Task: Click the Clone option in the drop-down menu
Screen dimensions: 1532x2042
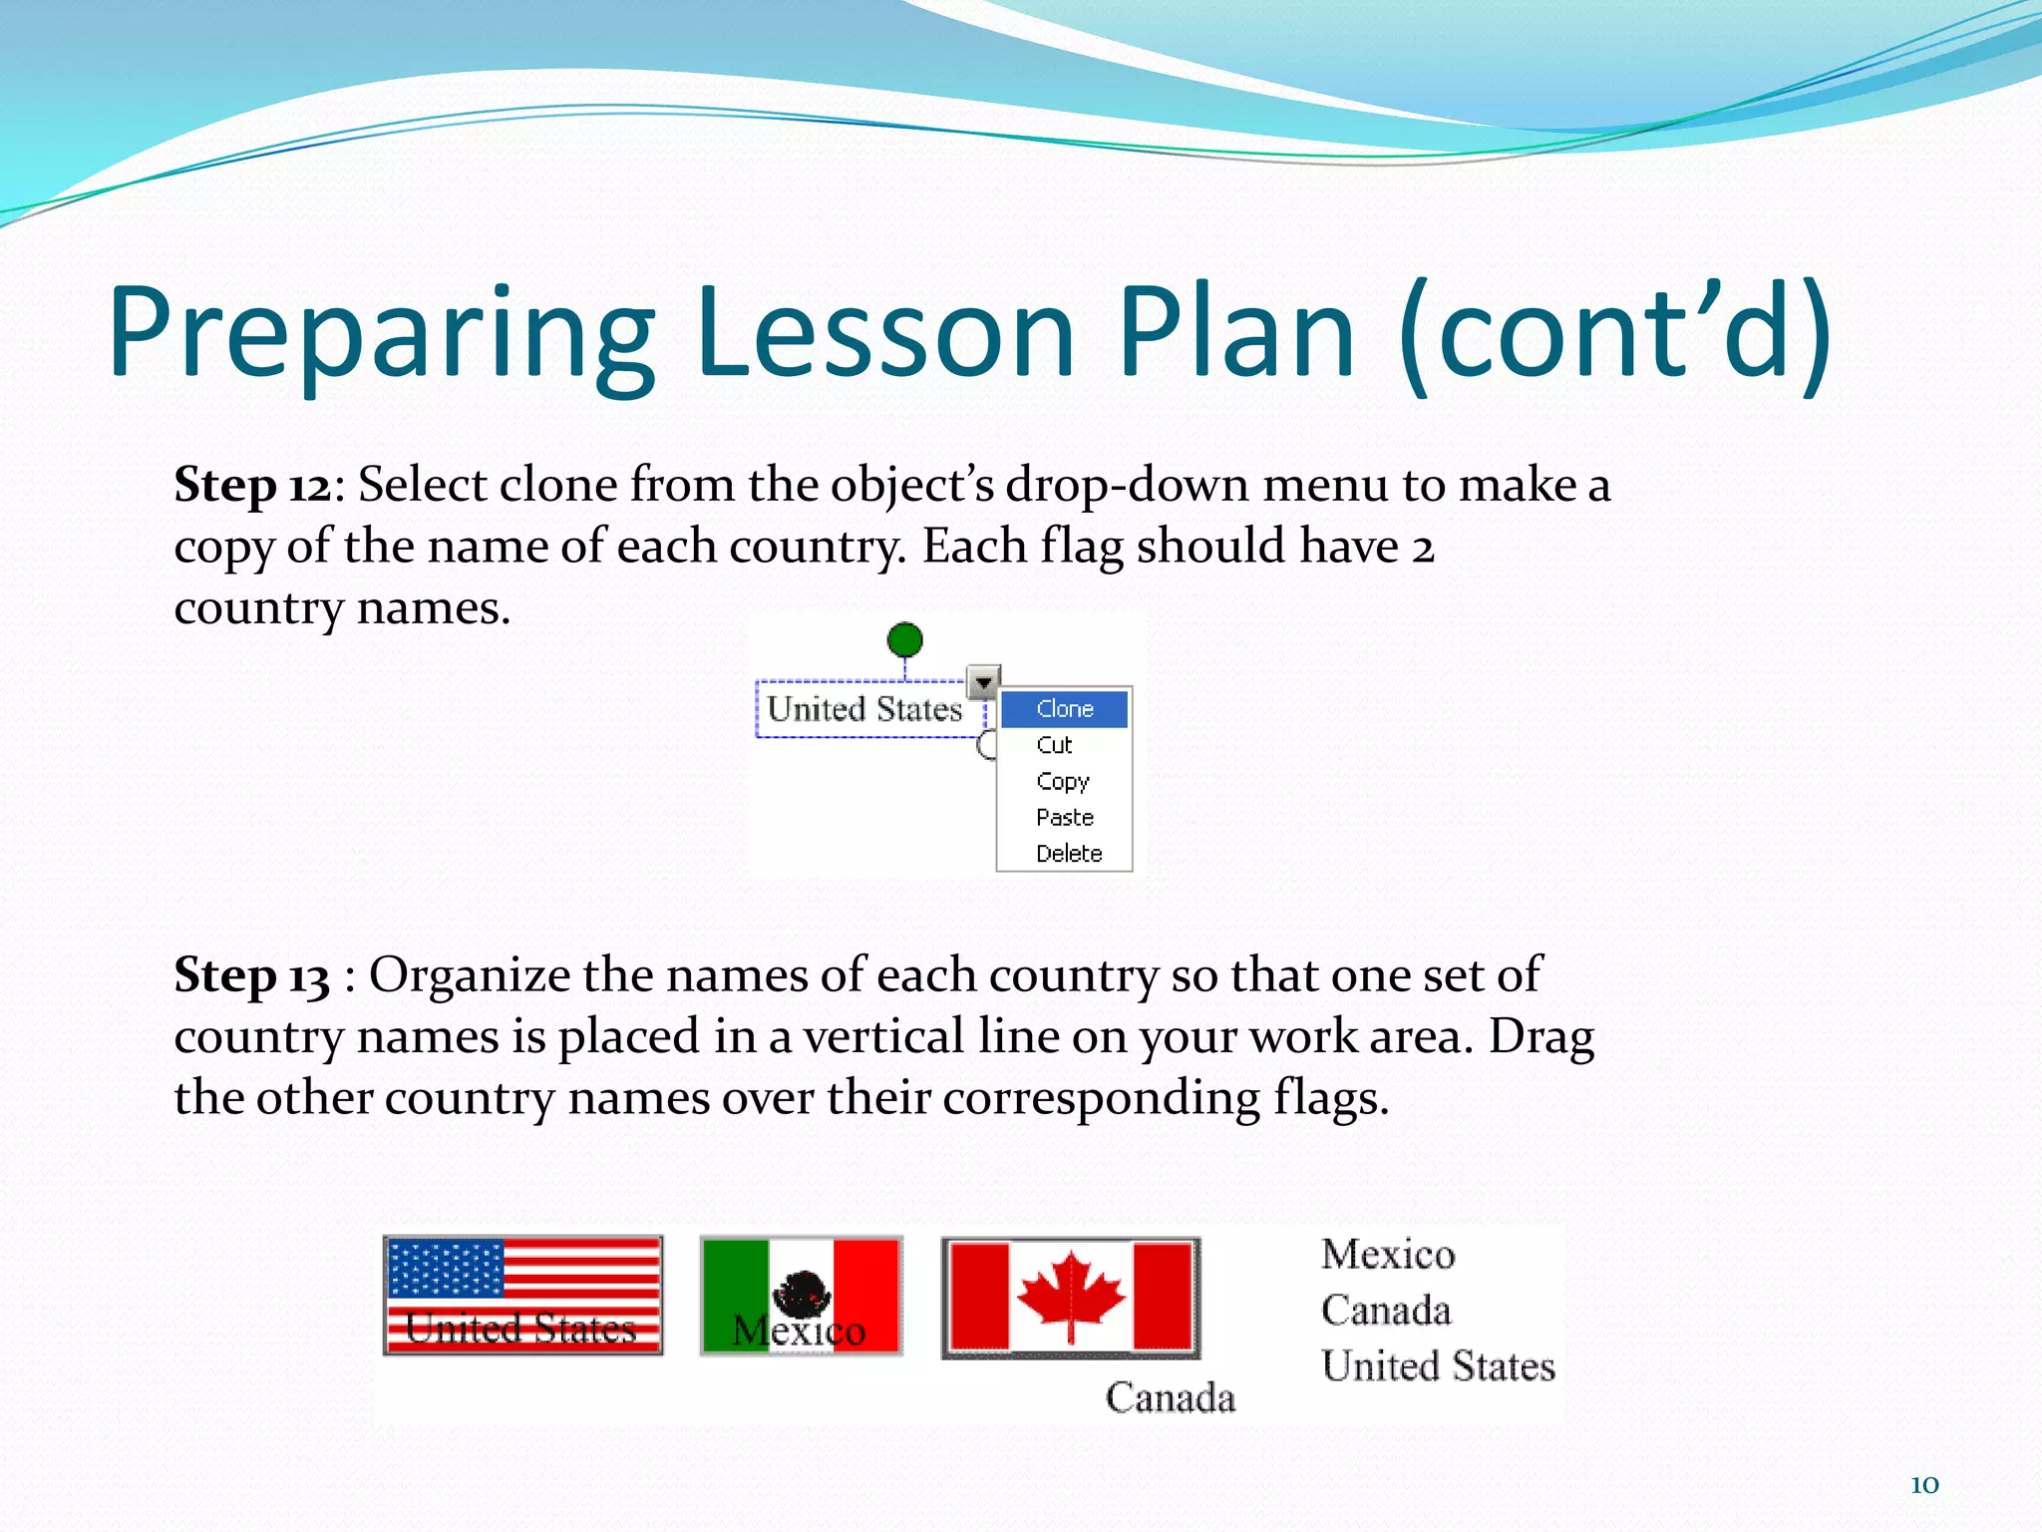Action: [1064, 709]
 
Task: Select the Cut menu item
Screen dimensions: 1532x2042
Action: [1054, 745]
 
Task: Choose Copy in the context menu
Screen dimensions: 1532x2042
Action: [1062, 781]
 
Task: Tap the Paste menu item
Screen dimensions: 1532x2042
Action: [1064, 818]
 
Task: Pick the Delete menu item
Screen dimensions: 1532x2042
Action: [1068, 854]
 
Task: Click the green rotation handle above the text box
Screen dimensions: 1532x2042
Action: [904, 639]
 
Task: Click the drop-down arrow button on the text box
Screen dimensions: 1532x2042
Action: [983, 682]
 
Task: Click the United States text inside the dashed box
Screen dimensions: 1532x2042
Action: [864, 709]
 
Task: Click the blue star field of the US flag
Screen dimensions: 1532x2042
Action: [446, 1268]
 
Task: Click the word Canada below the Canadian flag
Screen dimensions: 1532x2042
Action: [1170, 1398]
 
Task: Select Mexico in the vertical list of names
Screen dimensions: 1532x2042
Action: [1388, 1255]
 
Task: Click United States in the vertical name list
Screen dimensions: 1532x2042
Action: [1438, 1366]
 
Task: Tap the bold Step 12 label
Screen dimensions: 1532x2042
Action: [251, 486]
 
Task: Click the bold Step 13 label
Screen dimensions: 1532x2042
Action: [251, 975]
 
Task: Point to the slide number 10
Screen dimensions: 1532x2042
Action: [1924, 1485]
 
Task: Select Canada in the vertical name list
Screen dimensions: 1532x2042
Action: [1386, 1311]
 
